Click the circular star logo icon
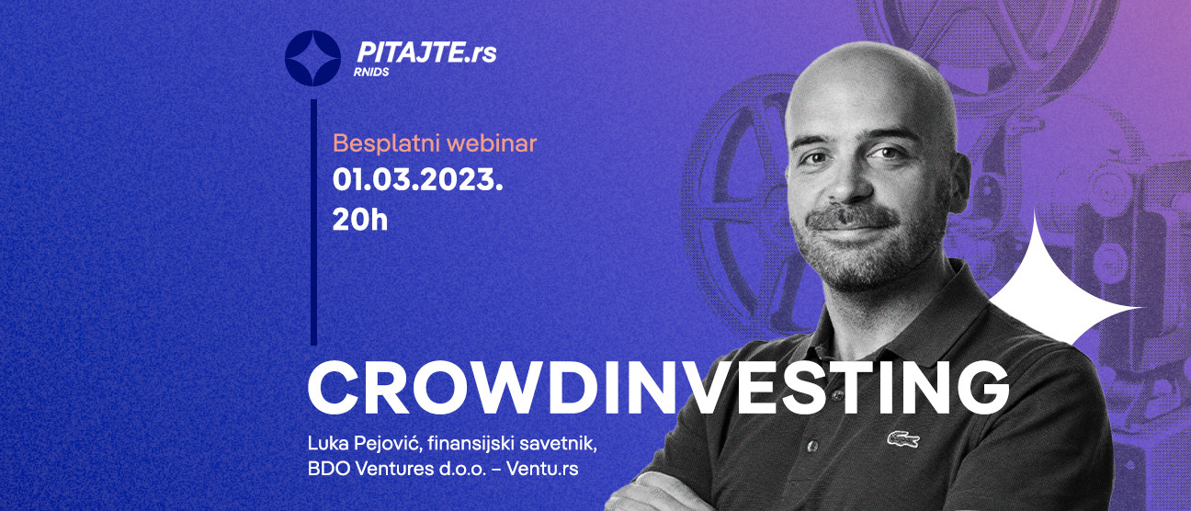coord(312,58)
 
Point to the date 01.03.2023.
coord(417,180)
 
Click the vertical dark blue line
coord(313,221)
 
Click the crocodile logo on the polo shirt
coord(902,439)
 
